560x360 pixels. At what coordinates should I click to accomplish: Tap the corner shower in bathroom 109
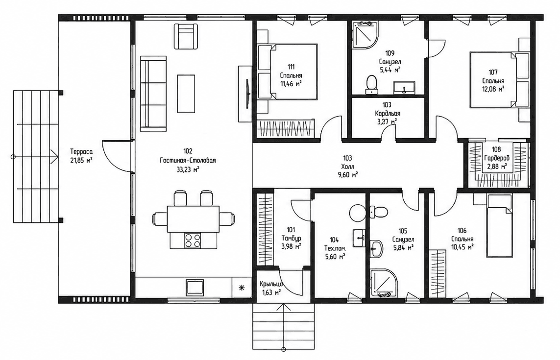tap(365, 34)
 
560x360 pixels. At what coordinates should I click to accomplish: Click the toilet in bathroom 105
tap(378, 212)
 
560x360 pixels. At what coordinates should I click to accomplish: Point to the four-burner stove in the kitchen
tap(192, 240)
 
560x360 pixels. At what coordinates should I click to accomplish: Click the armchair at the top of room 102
tap(186, 36)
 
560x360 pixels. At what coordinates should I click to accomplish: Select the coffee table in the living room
tap(186, 94)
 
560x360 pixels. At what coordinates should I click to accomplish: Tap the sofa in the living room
tap(153, 93)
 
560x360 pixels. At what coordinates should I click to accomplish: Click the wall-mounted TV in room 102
tap(247, 94)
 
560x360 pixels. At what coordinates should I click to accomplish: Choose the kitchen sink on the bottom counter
tap(195, 287)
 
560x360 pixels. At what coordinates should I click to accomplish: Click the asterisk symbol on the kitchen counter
tap(242, 287)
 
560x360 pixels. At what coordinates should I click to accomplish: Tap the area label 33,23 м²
tap(188, 169)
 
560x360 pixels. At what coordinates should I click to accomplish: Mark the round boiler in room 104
tap(358, 213)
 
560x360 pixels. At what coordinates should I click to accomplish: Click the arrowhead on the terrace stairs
tap(54, 156)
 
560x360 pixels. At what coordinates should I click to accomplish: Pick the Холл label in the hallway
tap(347, 166)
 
